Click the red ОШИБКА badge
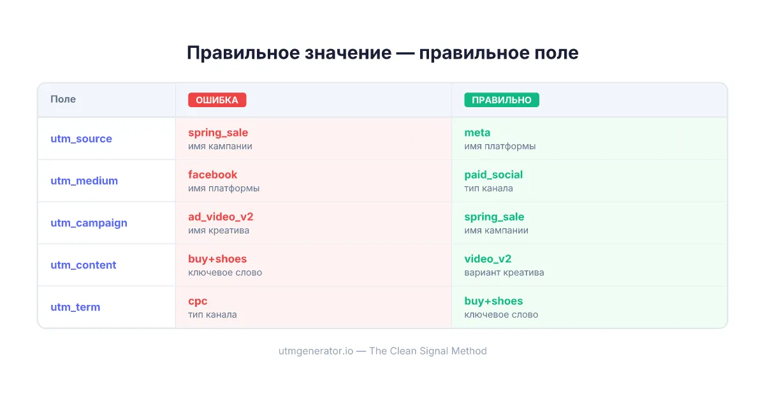click(217, 100)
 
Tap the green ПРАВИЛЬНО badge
click(502, 100)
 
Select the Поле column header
click(63, 99)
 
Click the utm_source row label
click(81, 139)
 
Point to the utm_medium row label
click(84, 181)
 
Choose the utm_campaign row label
click(89, 223)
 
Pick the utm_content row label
click(84, 265)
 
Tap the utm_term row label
click(75, 307)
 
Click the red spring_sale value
click(218, 133)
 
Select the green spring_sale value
click(494, 217)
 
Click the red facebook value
click(212, 175)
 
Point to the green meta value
click(477, 133)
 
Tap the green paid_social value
click(493, 175)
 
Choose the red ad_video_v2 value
click(221, 217)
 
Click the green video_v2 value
click(488, 259)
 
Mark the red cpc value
click(198, 301)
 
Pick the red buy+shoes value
click(217, 259)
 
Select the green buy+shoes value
click(493, 301)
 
